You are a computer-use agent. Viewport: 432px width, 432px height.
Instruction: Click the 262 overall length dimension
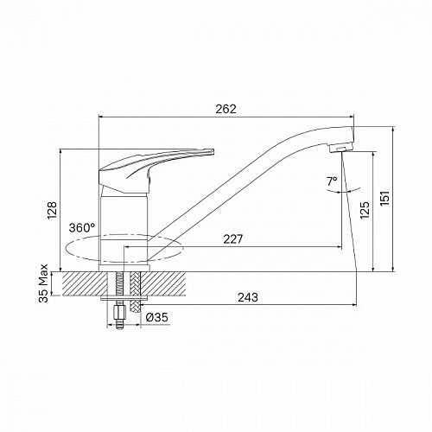(x=226, y=109)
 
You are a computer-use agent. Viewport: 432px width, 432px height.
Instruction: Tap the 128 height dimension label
(x=52, y=210)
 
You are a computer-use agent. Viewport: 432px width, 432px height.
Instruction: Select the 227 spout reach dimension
(x=233, y=239)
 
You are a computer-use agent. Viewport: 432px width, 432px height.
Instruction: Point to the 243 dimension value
(x=248, y=297)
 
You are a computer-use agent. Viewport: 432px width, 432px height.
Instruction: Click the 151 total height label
(x=384, y=198)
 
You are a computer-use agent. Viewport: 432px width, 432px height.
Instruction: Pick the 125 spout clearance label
(x=365, y=210)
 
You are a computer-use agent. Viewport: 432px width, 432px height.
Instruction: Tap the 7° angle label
(x=332, y=181)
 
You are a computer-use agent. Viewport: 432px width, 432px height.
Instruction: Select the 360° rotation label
(x=81, y=228)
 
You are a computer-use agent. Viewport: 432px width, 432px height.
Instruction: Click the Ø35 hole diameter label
(x=156, y=318)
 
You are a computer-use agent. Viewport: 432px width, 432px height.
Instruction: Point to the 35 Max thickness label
(x=44, y=283)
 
